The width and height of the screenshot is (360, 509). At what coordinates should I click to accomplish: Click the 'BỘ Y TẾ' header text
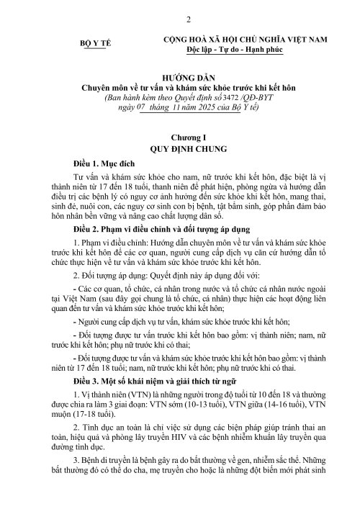click(x=92, y=43)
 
